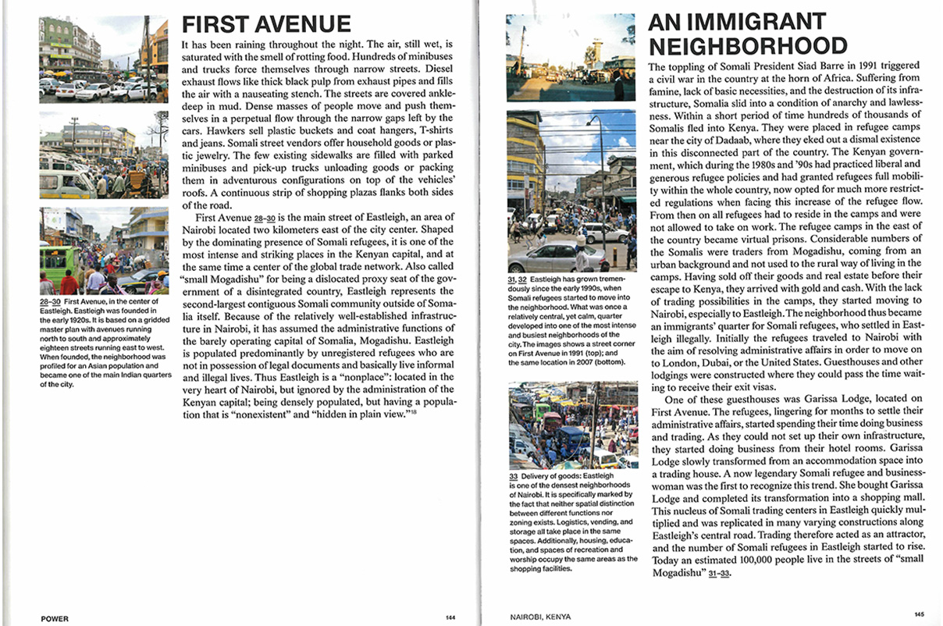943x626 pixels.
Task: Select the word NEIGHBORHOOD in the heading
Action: pyautogui.click(x=747, y=45)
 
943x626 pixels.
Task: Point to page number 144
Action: pyautogui.click(x=450, y=617)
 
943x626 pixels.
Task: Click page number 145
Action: pyautogui.click(x=918, y=614)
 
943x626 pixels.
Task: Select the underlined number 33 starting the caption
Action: pyautogui.click(x=513, y=475)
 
